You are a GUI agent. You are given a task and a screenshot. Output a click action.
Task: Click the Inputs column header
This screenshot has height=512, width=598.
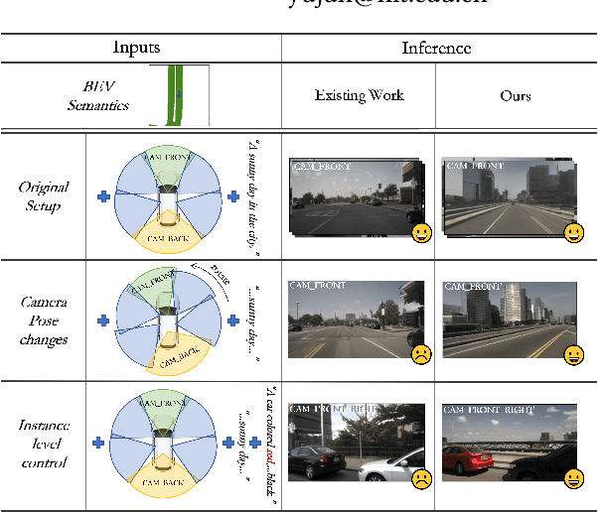point(140,48)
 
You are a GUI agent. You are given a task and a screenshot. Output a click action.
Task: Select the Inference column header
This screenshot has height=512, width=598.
point(436,48)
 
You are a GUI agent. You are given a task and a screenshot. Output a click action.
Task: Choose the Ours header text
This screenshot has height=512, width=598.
point(515,96)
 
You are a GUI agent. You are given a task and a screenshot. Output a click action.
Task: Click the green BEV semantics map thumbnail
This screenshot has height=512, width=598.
point(180,95)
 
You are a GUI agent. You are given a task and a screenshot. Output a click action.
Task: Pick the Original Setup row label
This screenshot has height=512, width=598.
point(44,196)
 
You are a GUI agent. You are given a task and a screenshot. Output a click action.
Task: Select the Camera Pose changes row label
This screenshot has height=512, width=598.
point(44,320)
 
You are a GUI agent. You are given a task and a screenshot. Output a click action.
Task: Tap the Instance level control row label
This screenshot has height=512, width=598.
point(44,444)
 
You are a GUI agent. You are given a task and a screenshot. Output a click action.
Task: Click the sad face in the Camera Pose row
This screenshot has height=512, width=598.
point(422,354)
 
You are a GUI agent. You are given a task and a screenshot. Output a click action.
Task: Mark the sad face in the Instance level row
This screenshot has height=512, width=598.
point(422,480)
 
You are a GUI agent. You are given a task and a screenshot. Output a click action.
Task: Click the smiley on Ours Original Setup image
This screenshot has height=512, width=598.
point(573,233)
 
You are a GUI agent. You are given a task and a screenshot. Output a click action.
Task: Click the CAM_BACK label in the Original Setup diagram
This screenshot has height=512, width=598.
point(167,238)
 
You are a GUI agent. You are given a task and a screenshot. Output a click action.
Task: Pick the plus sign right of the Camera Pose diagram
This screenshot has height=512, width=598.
point(233,320)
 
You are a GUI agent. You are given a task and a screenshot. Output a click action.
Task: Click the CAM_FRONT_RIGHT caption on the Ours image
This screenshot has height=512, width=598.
point(488,409)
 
